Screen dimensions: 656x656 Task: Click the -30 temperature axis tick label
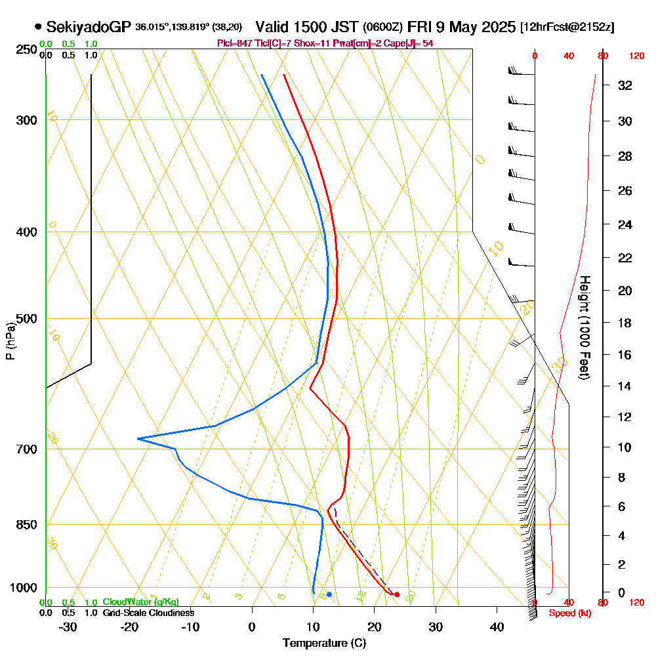coord(68,626)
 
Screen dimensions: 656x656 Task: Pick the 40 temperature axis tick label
coord(497,626)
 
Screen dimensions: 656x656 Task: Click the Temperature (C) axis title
coord(324,643)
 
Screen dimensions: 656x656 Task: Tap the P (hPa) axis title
coord(10,340)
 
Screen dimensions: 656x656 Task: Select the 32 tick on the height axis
coord(625,85)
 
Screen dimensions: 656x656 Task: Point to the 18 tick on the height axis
coord(625,323)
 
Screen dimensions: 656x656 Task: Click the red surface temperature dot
coord(397,594)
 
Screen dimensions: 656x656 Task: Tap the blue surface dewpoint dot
coord(329,594)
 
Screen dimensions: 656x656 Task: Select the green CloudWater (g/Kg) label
coord(140,602)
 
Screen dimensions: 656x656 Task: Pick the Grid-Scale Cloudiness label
coord(148,613)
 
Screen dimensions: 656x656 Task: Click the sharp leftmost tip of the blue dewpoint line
coord(138,438)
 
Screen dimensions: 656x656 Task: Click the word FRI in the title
coord(420,27)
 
